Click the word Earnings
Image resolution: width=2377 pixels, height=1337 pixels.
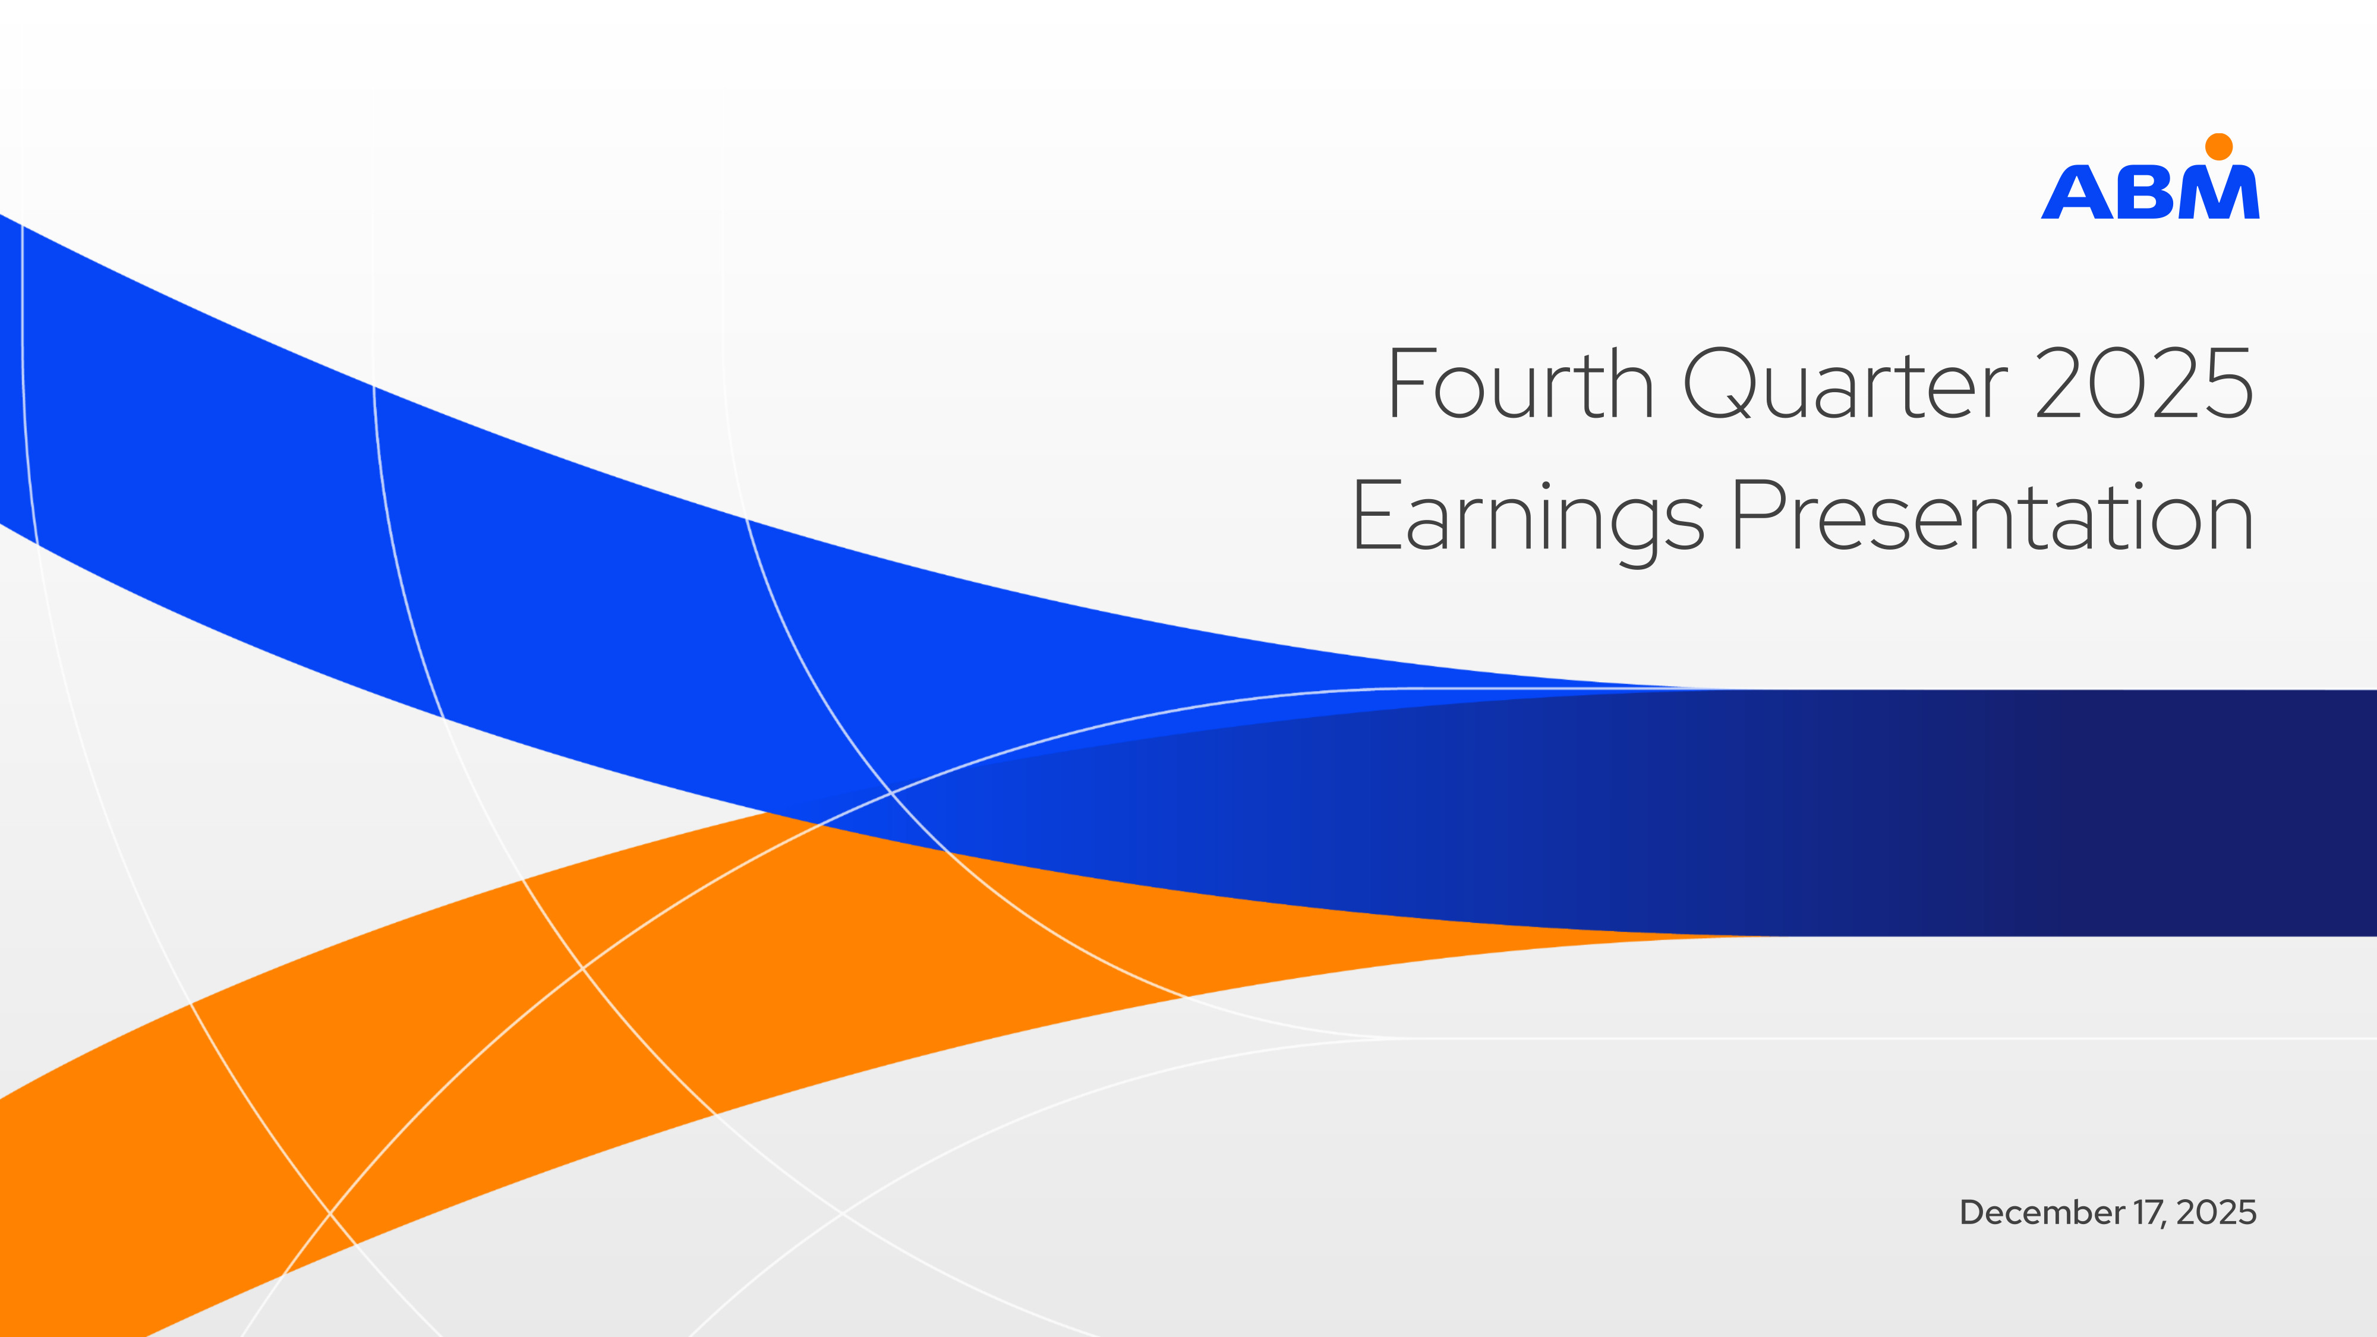tap(1527, 519)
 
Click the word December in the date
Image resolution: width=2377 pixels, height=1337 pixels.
tap(2041, 1212)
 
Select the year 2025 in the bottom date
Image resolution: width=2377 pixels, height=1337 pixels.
tap(2215, 1212)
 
